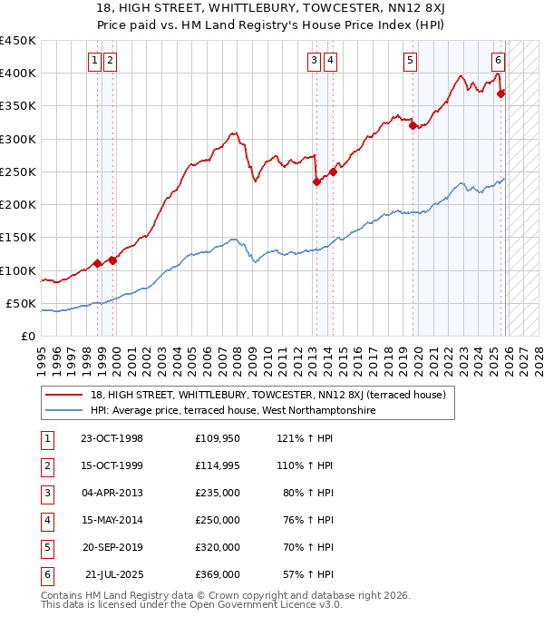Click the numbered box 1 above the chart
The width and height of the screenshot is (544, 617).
click(95, 61)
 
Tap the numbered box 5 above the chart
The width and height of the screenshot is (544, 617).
click(411, 61)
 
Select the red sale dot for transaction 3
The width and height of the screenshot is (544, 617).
click(316, 181)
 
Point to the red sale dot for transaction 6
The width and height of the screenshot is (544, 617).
click(501, 93)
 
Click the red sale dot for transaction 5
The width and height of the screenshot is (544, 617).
click(413, 125)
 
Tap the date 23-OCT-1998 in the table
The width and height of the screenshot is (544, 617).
click(112, 438)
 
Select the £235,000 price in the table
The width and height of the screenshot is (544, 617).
click(218, 493)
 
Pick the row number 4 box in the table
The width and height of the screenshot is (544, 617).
click(46, 520)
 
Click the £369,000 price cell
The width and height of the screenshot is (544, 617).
click(218, 574)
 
